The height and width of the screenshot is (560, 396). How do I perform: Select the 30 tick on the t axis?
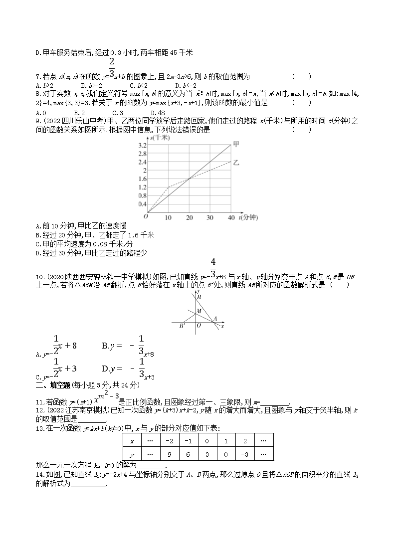[209, 218]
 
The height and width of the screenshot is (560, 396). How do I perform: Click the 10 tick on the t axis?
[168, 218]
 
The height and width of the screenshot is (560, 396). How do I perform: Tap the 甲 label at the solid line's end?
[236, 144]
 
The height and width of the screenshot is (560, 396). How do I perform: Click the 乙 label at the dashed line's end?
[236, 163]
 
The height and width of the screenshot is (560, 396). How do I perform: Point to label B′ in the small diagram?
[182, 326]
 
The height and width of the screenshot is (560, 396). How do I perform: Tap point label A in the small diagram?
[214, 318]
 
